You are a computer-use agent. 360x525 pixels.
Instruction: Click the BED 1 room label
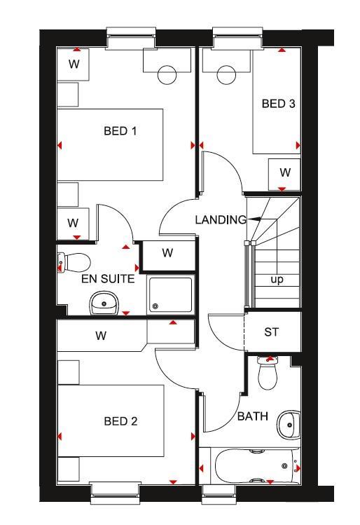[x=120, y=130]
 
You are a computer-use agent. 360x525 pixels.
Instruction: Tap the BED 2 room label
[x=120, y=421]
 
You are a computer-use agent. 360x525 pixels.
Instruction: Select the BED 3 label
[x=278, y=104]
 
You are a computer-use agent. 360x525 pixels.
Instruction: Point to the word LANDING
[x=221, y=219]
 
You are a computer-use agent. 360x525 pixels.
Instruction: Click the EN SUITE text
[x=108, y=278]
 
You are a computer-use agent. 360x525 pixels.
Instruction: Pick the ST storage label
[x=271, y=332]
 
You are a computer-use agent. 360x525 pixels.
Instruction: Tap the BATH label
[x=253, y=416]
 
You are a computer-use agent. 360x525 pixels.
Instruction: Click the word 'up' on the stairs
[x=277, y=279]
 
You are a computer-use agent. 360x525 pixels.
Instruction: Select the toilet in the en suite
[x=74, y=263]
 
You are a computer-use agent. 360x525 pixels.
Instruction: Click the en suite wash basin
[x=104, y=303]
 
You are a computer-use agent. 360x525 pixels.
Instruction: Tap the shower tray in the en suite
[x=171, y=294]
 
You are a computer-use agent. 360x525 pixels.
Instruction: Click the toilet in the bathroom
[x=268, y=373]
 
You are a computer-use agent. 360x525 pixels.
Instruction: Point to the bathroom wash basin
[x=289, y=425]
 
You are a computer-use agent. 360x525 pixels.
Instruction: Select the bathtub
[x=255, y=465]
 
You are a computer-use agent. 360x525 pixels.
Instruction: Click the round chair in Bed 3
[x=226, y=75]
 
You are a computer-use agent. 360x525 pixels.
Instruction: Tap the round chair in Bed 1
[x=167, y=75]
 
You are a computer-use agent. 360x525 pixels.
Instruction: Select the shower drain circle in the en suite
[x=155, y=306]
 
